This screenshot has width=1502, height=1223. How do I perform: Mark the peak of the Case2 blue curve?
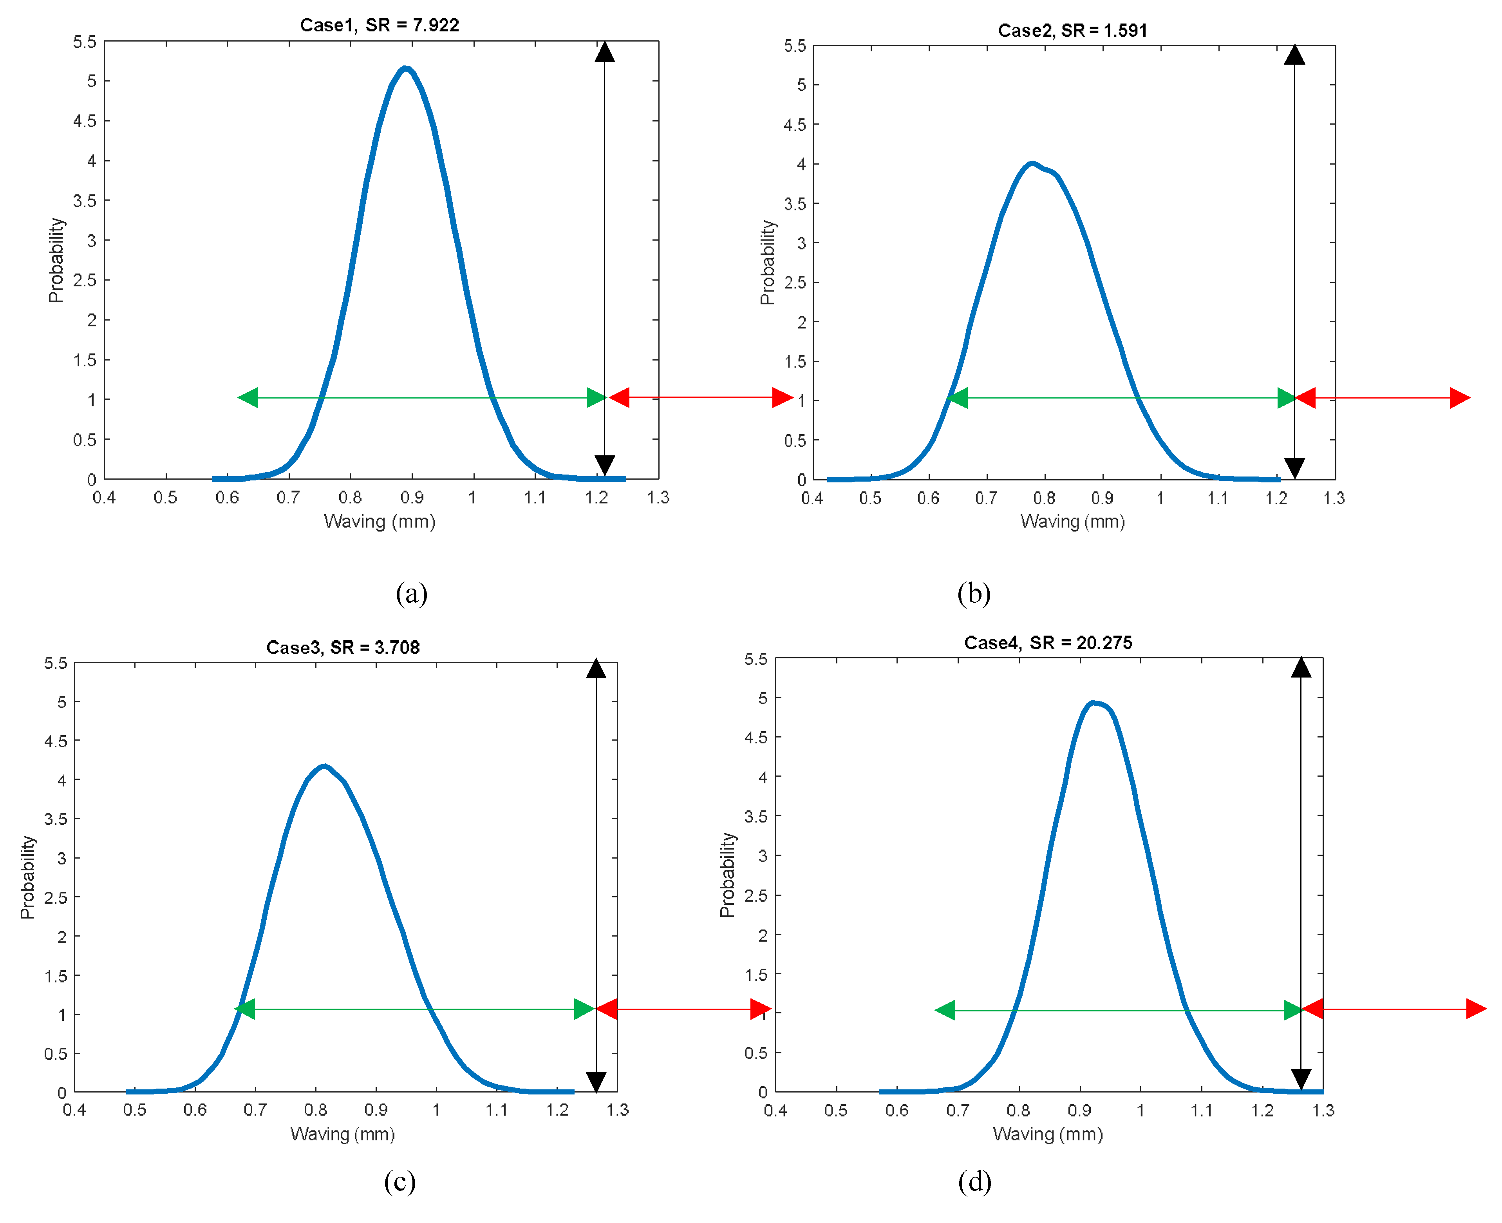(1032, 163)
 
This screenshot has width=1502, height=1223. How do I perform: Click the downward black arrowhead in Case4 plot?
(1301, 1078)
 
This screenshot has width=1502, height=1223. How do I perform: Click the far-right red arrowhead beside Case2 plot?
(1459, 398)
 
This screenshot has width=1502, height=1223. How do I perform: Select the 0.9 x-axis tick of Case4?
(1079, 1111)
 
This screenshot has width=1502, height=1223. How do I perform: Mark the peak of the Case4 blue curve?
(1092, 702)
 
